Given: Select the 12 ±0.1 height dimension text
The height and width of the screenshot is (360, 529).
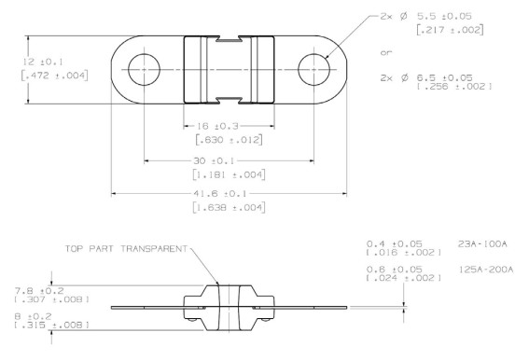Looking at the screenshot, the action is (43, 62).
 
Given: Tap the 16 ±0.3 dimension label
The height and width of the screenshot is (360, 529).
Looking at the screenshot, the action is (217, 126).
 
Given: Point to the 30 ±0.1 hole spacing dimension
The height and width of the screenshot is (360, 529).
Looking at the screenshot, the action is (214, 161).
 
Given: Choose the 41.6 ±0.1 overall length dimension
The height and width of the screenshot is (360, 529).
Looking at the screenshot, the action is (220, 194).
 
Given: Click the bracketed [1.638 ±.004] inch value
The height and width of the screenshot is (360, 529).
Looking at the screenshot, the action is (230, 207).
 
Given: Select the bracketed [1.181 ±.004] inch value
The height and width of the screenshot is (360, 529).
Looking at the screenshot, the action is (230, 174).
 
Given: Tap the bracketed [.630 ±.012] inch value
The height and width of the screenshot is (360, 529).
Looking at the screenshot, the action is (230, 139).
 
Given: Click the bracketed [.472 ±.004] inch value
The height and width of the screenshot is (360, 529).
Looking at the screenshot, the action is (55, 76).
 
